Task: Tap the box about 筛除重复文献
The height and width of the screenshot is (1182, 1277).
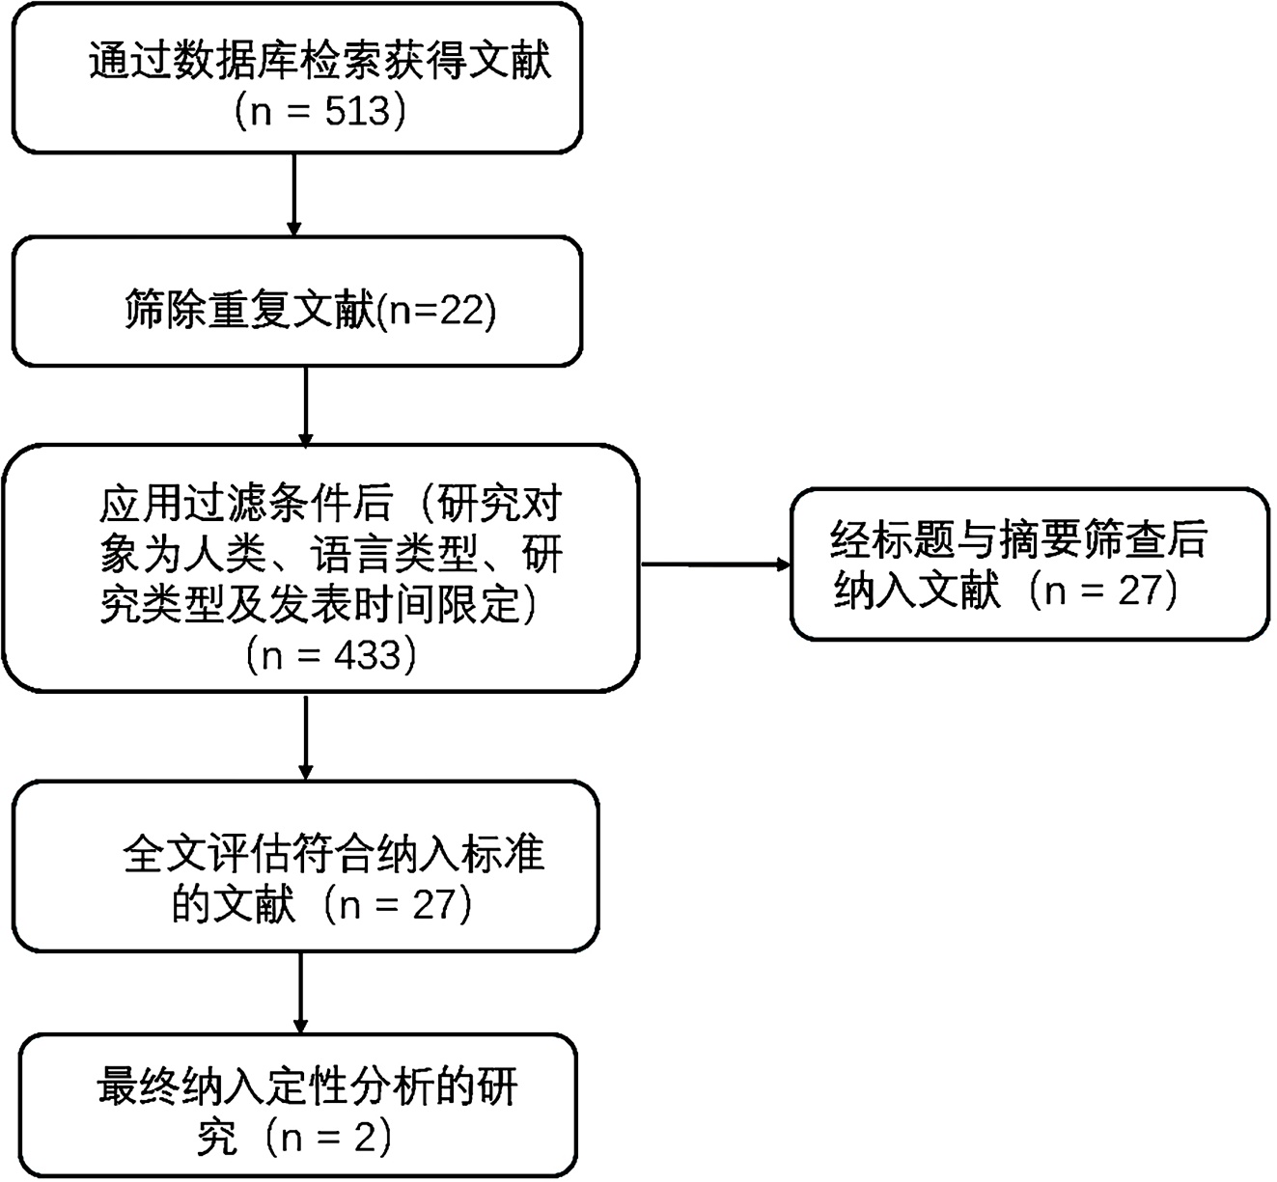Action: (297, 302)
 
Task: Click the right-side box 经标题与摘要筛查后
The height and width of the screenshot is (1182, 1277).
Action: (1029, 564)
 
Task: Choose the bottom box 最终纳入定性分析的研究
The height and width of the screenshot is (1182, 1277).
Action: (299, 1106)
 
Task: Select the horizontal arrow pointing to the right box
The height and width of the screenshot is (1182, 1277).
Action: (715, 564)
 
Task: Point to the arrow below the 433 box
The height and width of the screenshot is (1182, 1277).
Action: (306, 735)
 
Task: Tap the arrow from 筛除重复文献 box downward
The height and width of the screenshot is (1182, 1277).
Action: (306, 405)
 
